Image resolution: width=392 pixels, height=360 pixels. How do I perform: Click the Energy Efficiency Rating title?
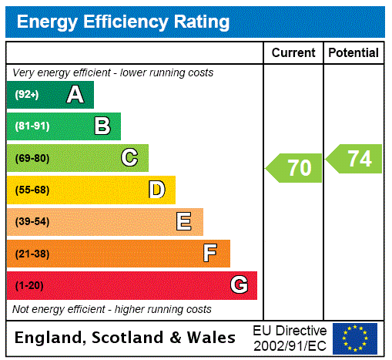(x=123, y=22)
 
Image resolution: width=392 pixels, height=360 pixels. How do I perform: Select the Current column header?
(x=293, y=53)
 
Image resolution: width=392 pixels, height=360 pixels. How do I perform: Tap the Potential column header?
(x=353, y=53)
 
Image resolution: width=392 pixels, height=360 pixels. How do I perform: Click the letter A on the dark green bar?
(x=75, y=95)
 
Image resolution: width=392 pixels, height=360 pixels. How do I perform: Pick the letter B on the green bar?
(x=102, y=126)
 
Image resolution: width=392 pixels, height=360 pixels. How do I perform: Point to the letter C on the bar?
(x=129, y=158)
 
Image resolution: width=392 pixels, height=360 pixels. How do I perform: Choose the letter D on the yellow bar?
(x=157, y=190)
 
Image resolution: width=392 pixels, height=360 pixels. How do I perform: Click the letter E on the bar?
(x=184, y=222)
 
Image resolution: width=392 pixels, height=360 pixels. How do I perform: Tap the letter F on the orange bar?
(x=210, y=253)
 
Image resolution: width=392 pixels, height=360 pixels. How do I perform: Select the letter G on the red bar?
(x=239, y=285)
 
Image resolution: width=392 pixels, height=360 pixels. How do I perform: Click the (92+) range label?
(x=27, y=96)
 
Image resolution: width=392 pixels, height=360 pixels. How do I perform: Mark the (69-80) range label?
(x=32, y=159)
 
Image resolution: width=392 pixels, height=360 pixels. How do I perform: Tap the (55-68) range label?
(x=32, y=190)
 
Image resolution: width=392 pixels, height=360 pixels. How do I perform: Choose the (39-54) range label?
(x=32, y=222)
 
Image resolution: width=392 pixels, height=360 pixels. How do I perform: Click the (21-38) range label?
(x=32, y=254)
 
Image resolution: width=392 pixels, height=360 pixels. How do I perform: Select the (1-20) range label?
(x=29, y=286)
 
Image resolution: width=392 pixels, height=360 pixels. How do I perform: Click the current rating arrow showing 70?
(x=295, y=167)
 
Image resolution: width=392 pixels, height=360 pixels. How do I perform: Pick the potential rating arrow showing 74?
(x=355, y=159)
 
